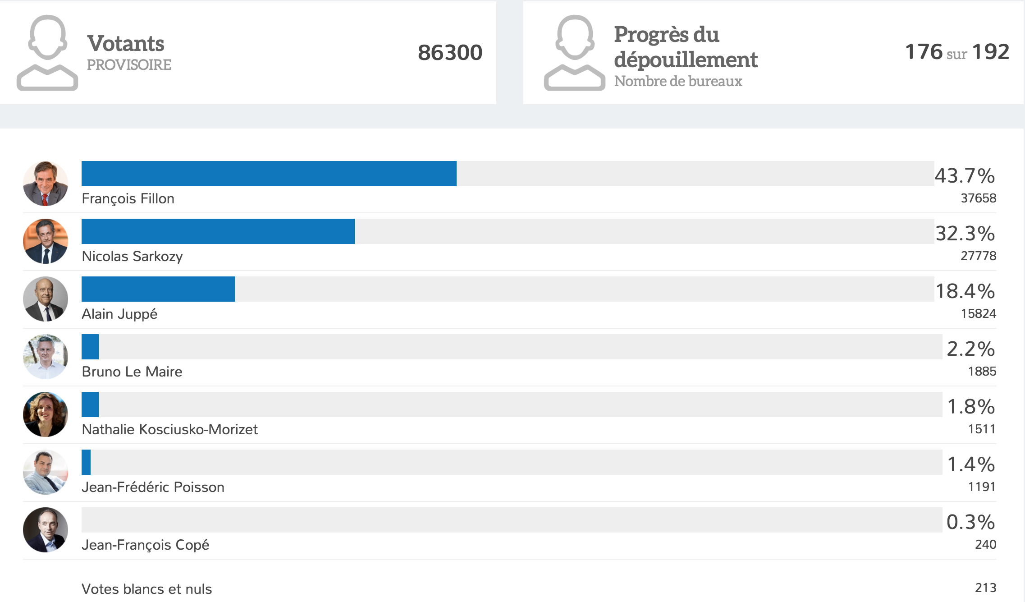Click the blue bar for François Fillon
tap(269, 174)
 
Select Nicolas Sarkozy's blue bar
tap(218, 231)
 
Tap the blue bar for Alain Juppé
tap(158, 289)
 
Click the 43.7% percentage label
tap(965, 176)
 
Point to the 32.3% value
tap(965, 234)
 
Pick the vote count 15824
tap(978, 313)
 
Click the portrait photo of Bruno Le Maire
tap(46, 357)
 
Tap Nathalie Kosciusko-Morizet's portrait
tap(46, 414)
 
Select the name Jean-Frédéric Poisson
tap(153, 487)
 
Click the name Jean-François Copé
tap(145, 545)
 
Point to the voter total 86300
tap(450, 52)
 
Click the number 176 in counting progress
tap(924, 52)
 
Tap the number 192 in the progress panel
tap(990, 52)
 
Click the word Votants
tap(126, 44)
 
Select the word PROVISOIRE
tap(129, 65)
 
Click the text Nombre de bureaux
tap(678, 81)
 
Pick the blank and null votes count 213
tap(985, 588)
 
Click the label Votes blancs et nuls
tap(146, 589)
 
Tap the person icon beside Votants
tap(47, 53)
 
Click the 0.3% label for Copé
tap(970, 522)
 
